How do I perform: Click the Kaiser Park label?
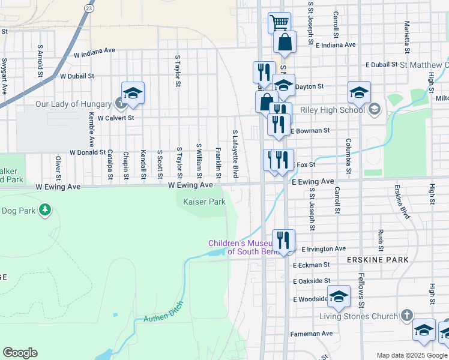[x=204, y=202]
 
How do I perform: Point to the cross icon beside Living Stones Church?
[x=406, y=316]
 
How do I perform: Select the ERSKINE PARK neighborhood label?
[x=378, y=260]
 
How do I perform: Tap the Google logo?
[x=20, y=353]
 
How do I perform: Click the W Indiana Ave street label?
[x=94, y=52]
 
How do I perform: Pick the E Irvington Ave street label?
[x=324, y=248]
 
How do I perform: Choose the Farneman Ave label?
[x=310, y=333]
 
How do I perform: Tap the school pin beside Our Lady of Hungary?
[x=133, y=93]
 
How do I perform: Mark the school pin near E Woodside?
[x=339, y=296]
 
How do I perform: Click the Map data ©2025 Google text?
[x=412, y=355]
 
